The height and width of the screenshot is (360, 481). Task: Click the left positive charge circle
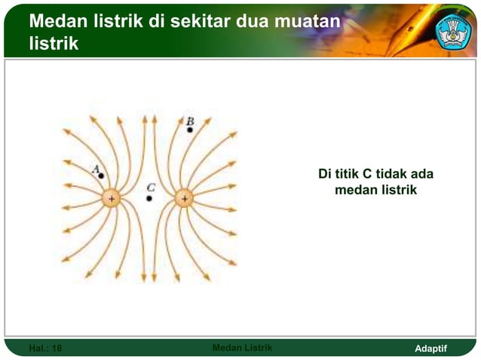point(111,199)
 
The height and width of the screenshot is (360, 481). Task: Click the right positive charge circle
point(184,199)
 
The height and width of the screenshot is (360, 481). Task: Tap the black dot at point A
point(102,175)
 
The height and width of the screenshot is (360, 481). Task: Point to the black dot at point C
point(149,199)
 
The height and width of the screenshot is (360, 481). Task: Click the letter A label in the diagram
point(96,169)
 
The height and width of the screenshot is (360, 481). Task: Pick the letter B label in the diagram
point(190,121)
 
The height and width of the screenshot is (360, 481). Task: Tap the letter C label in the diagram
point(151,187)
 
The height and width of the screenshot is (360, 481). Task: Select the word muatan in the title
point(305,23)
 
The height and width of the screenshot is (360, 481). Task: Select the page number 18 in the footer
point(57,348)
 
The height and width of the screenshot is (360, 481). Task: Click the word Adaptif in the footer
point(431,348)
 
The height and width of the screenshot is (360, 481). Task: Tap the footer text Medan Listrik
point(242,347)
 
